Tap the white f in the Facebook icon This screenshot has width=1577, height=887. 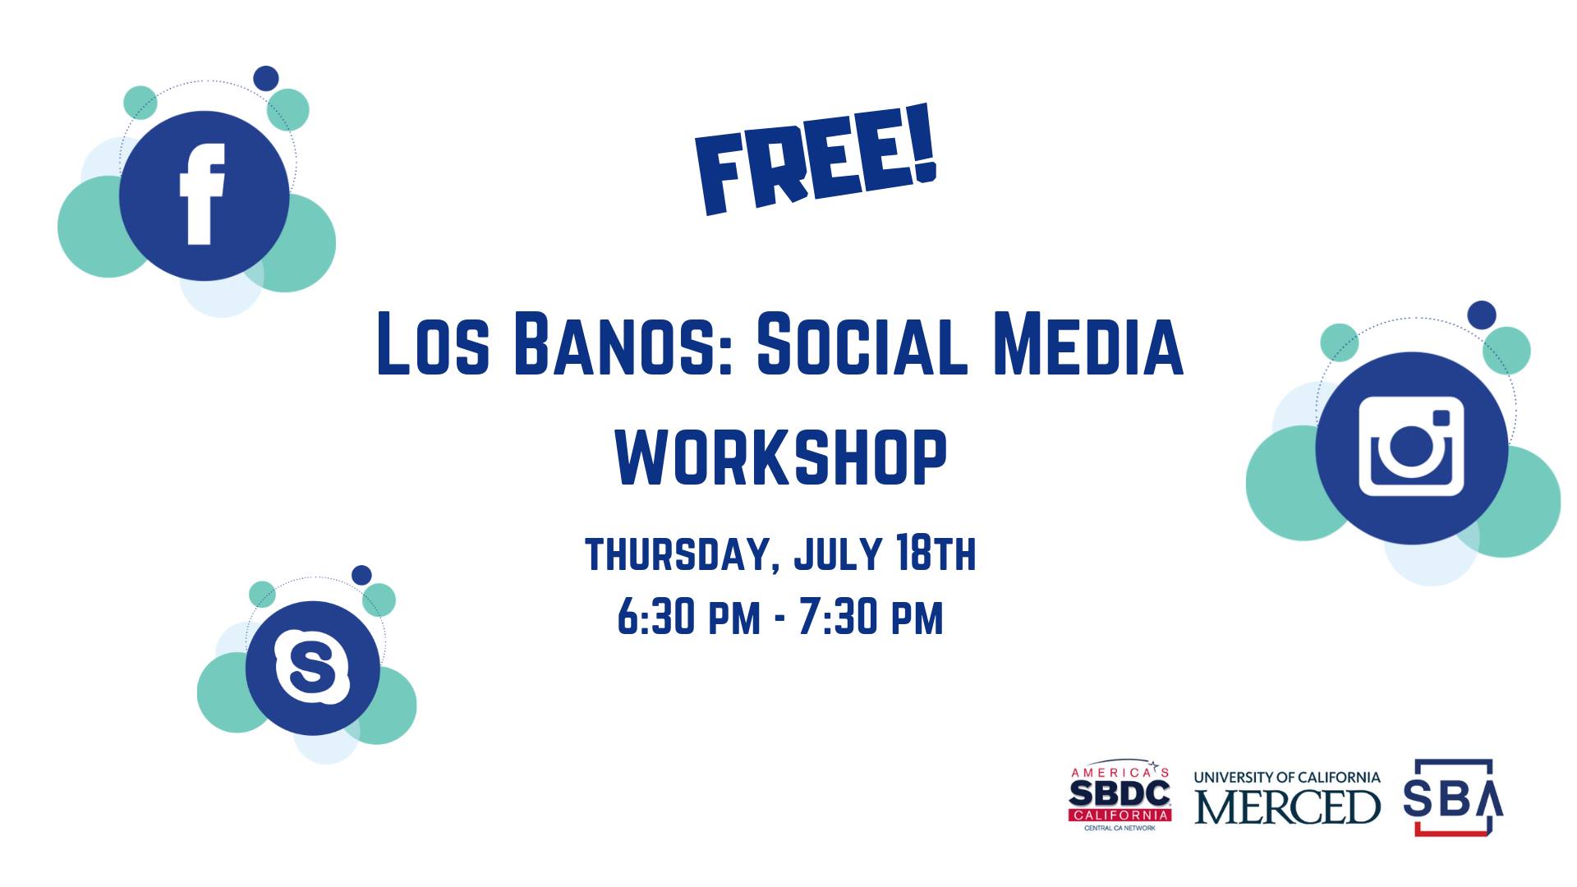(202, 194)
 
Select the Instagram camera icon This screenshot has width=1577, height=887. (1412, 447)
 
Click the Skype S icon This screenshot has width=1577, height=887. (312, 667)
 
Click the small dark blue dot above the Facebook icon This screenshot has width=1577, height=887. (265, 78)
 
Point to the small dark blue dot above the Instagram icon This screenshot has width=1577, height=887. (1482, 315)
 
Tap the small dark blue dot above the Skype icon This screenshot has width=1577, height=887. (361, 575)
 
